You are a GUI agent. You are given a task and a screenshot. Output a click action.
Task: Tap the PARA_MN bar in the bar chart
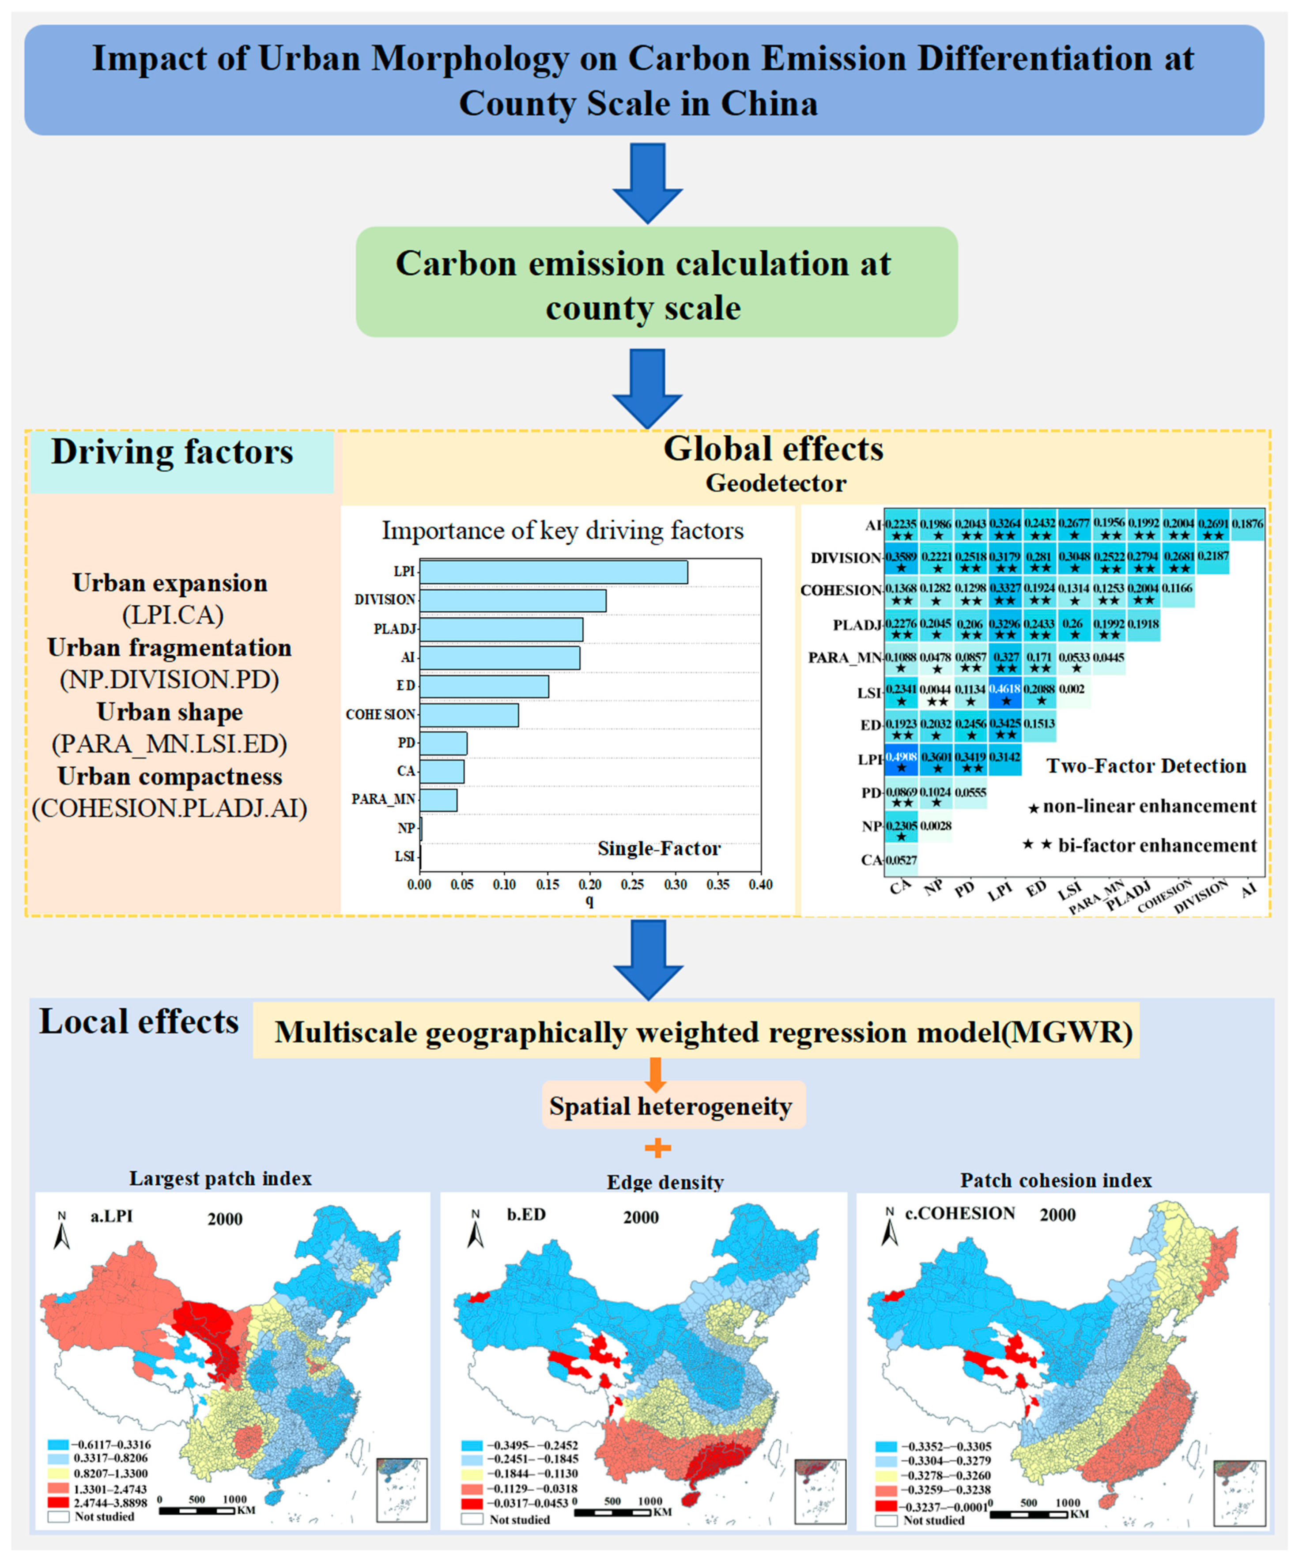(438, 800)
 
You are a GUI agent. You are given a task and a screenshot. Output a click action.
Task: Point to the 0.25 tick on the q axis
(633, 885)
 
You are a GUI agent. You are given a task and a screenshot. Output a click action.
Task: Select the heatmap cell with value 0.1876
(1247, 525)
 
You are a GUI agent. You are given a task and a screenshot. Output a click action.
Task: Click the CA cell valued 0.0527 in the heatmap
(901, 861)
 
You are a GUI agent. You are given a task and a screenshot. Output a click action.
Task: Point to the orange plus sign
(657, 1148)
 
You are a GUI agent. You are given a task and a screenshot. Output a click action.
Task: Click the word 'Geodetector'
(775, 483)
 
